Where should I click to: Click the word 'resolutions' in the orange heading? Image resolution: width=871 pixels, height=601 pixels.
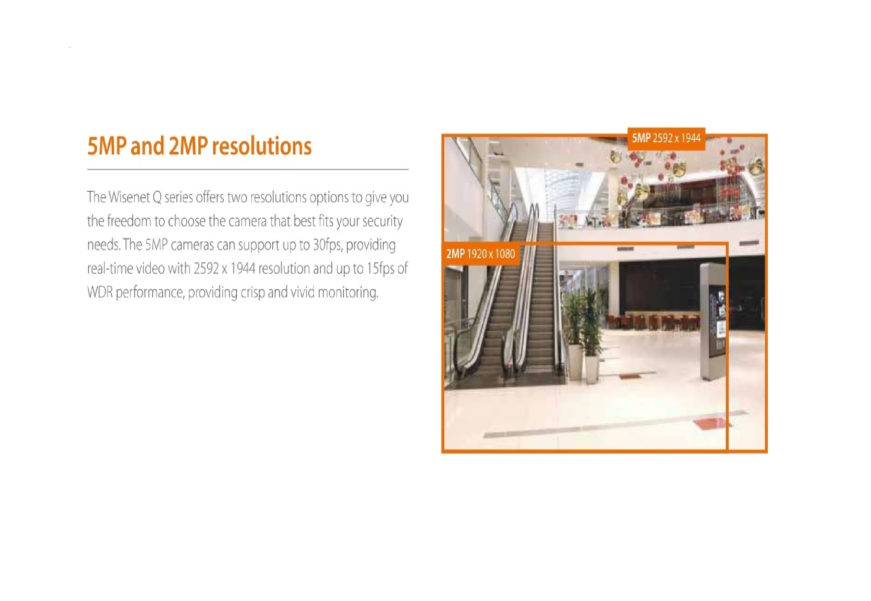(262, 146)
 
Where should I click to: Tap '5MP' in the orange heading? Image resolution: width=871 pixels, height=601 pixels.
(107, 146)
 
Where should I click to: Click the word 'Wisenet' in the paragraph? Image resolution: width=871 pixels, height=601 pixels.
(129, 197)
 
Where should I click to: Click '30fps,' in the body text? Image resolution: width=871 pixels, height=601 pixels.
(327, 245)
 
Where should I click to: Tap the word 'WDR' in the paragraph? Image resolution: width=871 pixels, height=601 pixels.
(100, 292)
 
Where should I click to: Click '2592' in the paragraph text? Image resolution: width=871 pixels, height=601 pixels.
(206, 269)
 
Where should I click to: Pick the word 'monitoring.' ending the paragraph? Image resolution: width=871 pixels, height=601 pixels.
(348, 293)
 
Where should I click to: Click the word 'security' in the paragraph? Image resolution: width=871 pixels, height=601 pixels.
(383, 221)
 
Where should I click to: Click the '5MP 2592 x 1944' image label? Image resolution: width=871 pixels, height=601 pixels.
(666, 139)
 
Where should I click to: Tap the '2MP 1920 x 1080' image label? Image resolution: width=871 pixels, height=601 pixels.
(480, 254)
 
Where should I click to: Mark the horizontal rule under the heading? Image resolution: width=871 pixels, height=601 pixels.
(248, 170)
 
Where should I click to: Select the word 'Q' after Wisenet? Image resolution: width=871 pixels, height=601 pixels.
(157, 197)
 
